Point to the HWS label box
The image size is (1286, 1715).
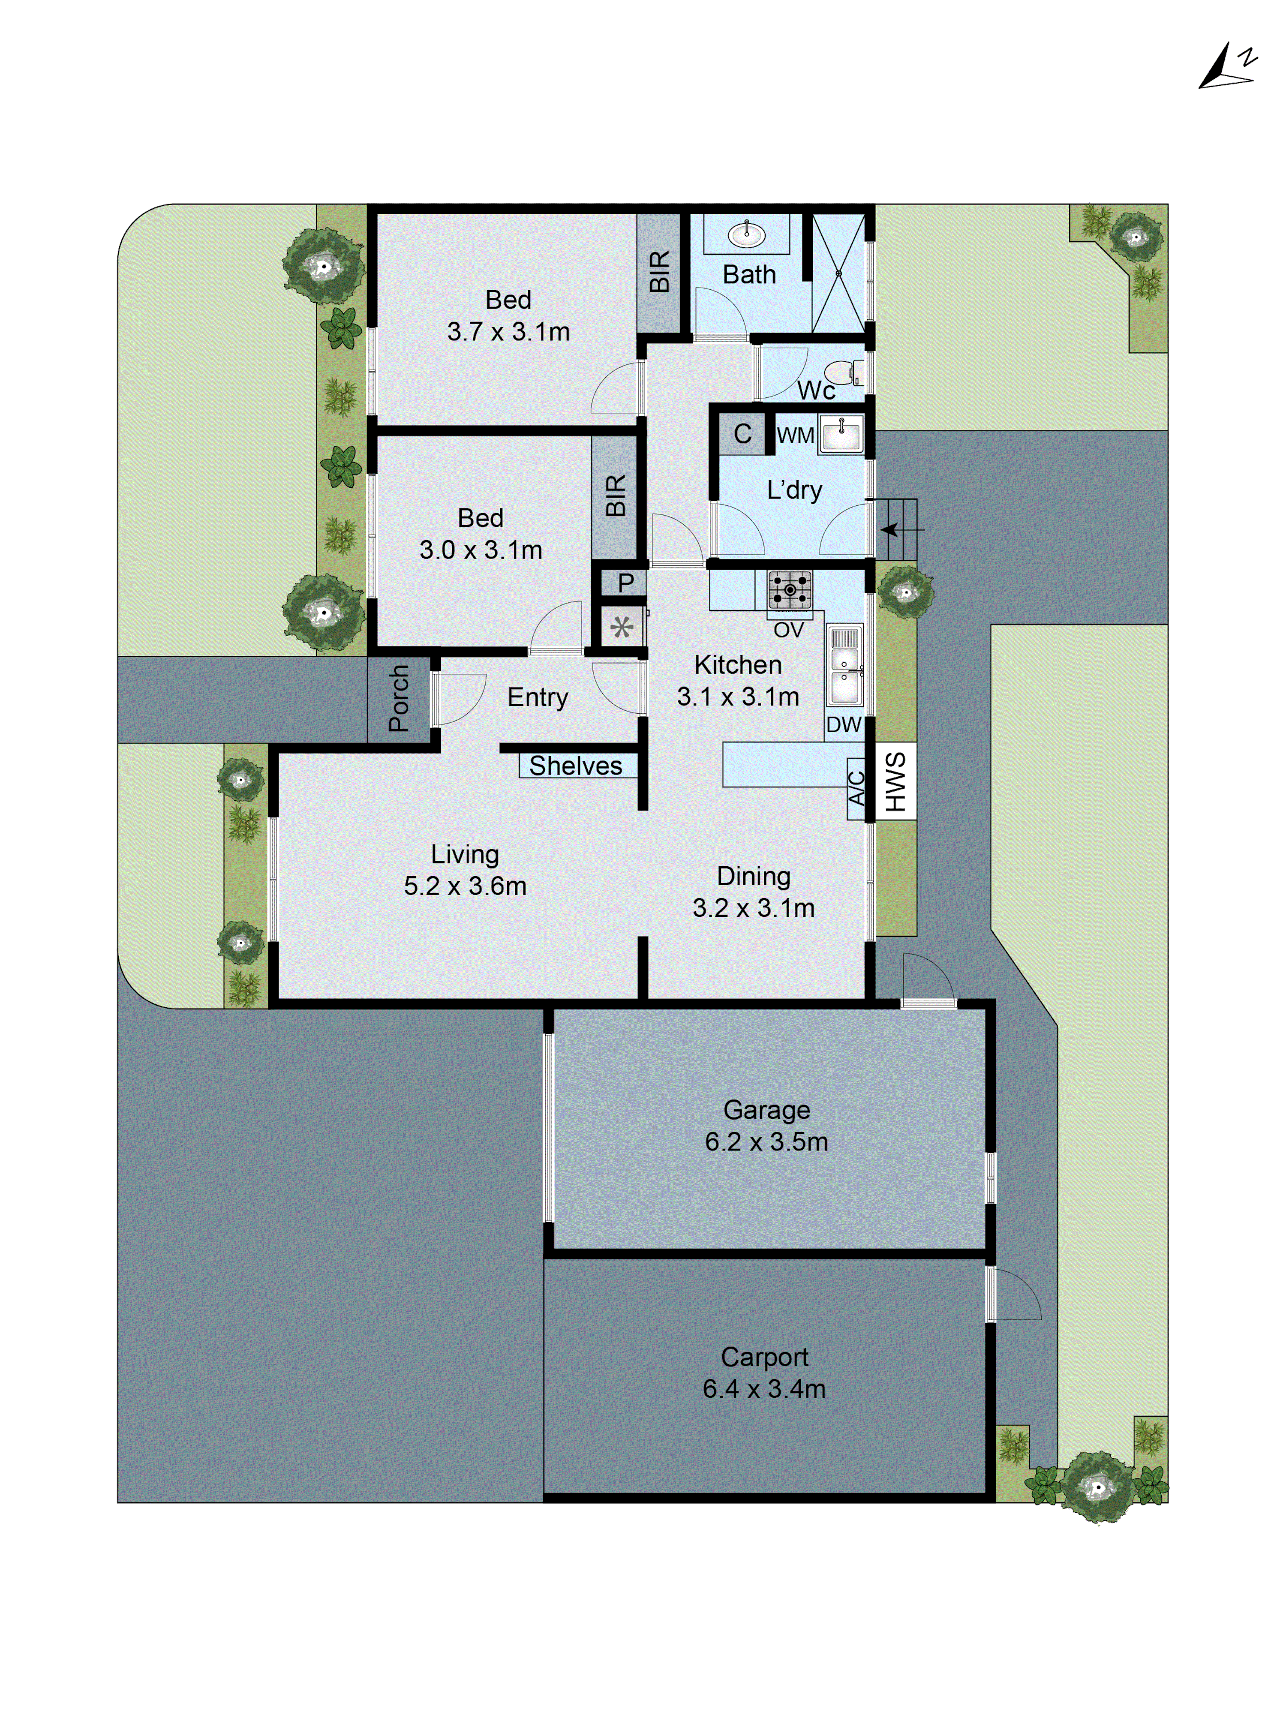(x=895, y=781)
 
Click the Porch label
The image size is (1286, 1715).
(x=398, y=699)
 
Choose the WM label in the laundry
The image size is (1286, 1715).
(x=795, y=436)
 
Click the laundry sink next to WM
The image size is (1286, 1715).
(x=840, y=433)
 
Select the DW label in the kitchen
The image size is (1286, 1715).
(x=843, y=725)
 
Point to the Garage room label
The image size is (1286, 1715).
(x=766, y=1109)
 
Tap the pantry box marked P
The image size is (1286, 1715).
(x=625, y=582)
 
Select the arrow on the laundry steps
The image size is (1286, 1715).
(x=892, y=529)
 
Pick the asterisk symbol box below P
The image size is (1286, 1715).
(x=622, y=626)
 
